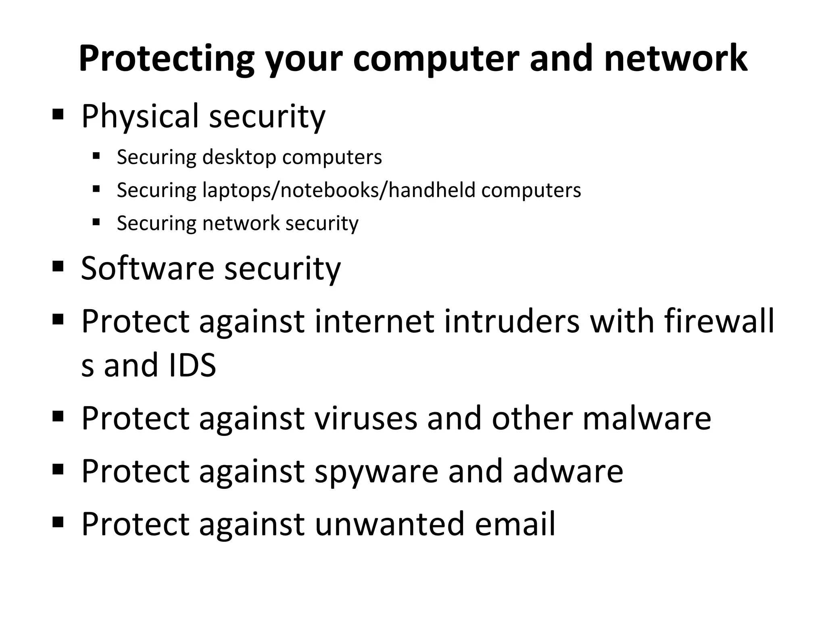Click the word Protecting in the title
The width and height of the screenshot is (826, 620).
166,59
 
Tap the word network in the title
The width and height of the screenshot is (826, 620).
676,59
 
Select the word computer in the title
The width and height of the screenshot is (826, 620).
436,59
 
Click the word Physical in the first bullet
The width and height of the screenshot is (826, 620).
140,116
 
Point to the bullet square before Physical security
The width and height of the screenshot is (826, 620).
58,115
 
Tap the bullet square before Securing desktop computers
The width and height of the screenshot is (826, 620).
96,156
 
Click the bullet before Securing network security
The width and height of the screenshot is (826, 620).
96,222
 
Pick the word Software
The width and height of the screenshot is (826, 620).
147,268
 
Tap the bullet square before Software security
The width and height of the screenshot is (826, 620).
58,266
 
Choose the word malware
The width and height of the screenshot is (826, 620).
647,418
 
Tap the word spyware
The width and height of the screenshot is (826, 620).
376,471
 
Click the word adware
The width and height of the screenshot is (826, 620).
568,471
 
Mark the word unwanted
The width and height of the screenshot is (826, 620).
389,524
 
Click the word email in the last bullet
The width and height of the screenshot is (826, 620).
515,524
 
